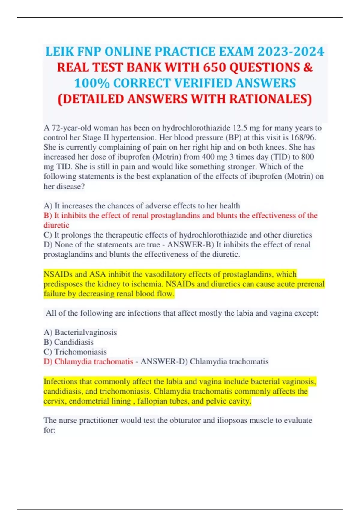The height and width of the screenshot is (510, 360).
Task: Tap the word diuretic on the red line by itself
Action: coord(56,225)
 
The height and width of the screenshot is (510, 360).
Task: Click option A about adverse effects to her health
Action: coord(142,206)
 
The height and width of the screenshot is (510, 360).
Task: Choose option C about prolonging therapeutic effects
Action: coord(178,235)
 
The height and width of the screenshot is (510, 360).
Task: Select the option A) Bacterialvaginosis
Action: coord(80,332)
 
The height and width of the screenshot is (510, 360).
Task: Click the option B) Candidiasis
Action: coord(68,342)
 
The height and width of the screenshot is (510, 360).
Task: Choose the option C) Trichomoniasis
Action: coord(75,352)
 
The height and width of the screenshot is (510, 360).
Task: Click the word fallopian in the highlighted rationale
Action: coord(152,401)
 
